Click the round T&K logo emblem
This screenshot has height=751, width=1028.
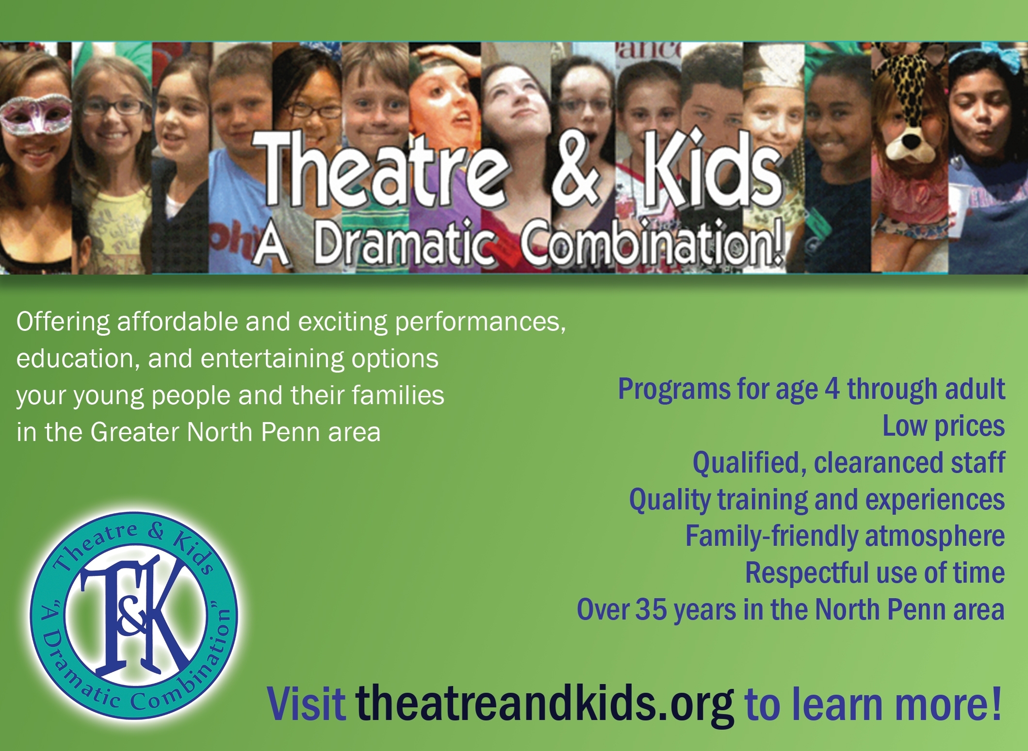[x=134, y=616]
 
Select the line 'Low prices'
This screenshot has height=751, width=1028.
[x=943, y=427]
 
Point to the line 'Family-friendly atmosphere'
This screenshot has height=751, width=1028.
[x=845, y=537]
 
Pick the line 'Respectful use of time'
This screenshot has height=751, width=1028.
[x=875, y=573]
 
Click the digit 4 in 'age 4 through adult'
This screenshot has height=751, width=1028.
[x=832, y=390]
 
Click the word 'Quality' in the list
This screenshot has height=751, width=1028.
[x=670, y=500]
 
